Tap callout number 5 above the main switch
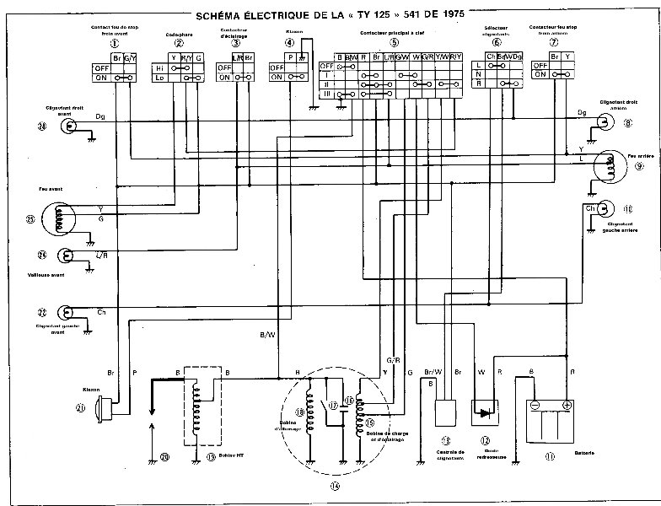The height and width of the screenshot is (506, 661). (x=395, y=43)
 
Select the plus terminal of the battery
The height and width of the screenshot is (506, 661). (x=567, y=405)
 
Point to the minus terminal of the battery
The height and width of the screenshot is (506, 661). (x=535, y=405)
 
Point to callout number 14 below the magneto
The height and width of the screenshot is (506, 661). (x=335, y=486)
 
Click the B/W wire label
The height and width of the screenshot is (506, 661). (x=267, y=335)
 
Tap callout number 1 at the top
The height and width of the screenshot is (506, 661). (x=114, y=43)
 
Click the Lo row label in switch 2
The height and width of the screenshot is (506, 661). (x=160, y=77)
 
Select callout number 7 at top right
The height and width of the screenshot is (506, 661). (x=554, y=43)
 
